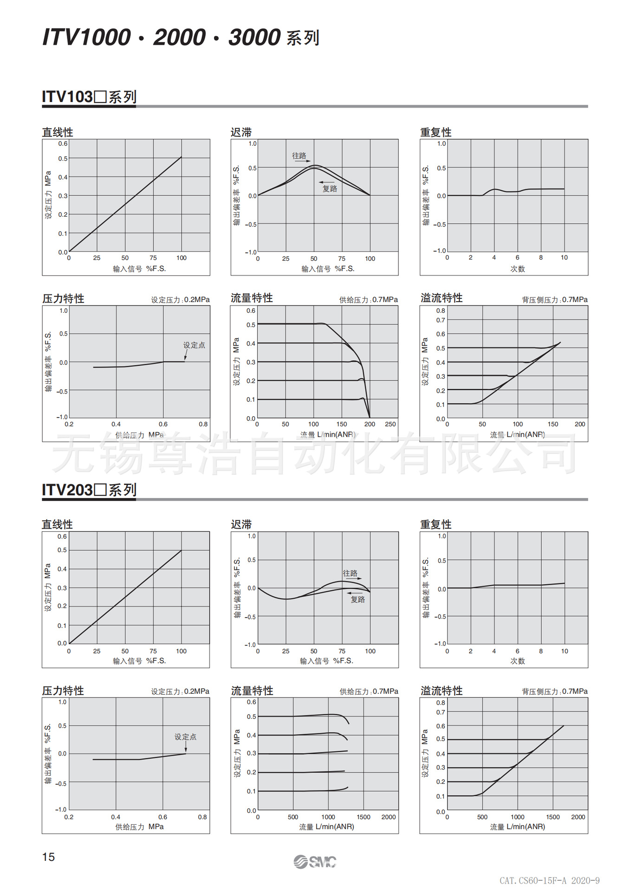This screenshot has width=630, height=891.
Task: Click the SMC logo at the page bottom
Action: coord(315,862)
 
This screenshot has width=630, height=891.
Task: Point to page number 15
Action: coord(48,857)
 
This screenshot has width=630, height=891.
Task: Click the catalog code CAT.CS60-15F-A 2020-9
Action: coord(549,880)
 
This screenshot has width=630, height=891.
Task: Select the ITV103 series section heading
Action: coord(89,97)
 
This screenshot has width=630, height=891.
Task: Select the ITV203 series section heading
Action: coord(89,490)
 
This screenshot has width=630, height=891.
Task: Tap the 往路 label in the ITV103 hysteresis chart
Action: coord(299,155)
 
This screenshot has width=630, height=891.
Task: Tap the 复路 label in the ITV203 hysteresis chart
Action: coord(357,600)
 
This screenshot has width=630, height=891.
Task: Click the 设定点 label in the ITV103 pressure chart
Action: coord(194,345)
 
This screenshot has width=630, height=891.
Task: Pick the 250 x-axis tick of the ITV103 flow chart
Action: coord(390,424)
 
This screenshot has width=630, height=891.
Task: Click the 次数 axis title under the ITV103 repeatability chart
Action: coord(518,269)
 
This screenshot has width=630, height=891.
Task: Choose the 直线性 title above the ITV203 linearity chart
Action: coord(57,524)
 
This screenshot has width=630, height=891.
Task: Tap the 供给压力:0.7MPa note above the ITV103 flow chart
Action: coord(368,300)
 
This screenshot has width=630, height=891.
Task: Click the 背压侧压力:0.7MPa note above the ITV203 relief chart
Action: coord(554,691)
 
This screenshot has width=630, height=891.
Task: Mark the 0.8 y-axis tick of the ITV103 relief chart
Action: coord(440,310)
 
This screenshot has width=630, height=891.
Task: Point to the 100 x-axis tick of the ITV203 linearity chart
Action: coord(181,651)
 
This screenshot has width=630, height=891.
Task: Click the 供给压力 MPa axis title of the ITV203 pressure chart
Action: coord(139,826)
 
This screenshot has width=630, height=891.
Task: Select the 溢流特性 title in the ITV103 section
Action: coord(441,298)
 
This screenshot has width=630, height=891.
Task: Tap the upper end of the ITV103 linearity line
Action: coord(181,157)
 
